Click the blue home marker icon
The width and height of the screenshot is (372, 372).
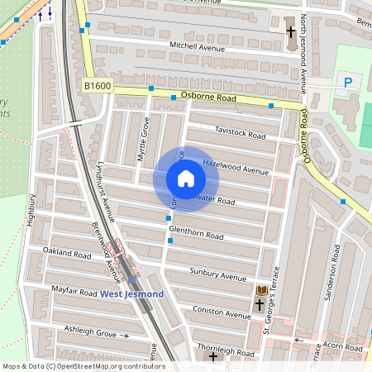pos(186,179)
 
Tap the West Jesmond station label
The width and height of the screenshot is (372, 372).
pos(132,294)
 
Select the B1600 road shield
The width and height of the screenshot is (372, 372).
pos(96,85)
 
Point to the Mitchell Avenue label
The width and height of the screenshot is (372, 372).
pos(198,47)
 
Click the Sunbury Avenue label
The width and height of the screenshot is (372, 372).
pos(218,275)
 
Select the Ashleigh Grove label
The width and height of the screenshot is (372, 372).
pos(90,331)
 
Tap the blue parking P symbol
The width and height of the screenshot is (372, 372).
pos(348,82)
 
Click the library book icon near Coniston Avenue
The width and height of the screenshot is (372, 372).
pos(261,290)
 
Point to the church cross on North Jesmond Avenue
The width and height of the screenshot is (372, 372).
pos(290,32)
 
